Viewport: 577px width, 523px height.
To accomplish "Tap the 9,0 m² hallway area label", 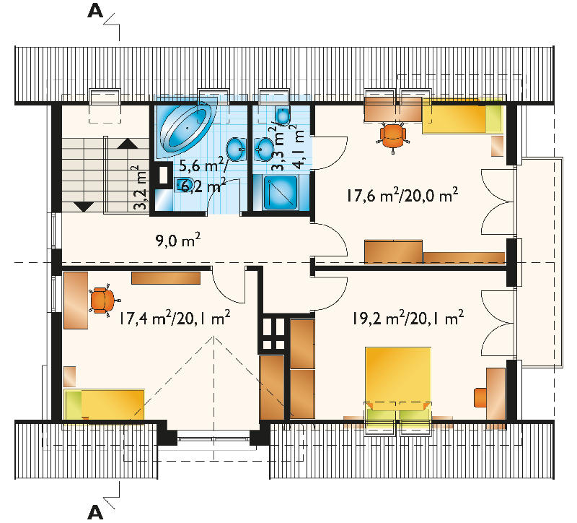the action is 178,241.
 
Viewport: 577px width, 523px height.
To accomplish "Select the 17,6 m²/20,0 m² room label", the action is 402,194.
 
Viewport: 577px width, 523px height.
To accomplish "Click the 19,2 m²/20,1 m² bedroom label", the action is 408,318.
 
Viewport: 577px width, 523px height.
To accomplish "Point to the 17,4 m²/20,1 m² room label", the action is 175,318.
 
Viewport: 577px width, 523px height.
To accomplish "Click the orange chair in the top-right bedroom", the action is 393,137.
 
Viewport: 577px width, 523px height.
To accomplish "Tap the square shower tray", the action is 281,192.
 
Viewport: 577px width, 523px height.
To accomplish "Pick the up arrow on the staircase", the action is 128,144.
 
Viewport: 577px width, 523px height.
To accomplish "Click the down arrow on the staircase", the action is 84,207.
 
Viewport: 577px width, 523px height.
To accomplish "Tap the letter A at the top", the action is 95,11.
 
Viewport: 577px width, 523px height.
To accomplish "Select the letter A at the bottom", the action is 95,512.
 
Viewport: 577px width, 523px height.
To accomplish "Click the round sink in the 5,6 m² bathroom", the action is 237,150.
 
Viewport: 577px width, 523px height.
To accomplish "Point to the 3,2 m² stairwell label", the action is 141,188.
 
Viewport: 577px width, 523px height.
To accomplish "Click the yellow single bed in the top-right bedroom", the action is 462,116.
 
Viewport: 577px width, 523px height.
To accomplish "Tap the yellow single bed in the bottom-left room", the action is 104,405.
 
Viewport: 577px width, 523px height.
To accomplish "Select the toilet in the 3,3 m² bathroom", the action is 283,116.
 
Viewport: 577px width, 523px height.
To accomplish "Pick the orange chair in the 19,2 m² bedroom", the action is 480,397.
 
